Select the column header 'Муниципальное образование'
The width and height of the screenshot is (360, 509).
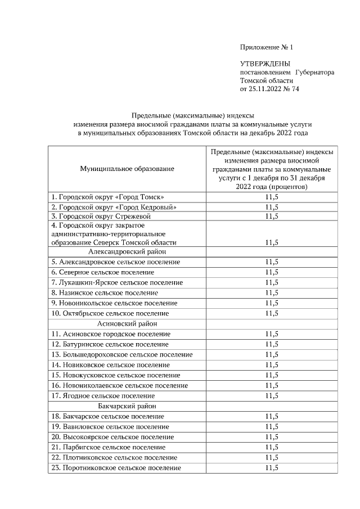[127, 168]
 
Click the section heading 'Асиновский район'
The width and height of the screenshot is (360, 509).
[127, 324]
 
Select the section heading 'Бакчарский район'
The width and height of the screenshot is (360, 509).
[127, 406]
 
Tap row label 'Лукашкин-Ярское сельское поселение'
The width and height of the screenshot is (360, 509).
[117, 282]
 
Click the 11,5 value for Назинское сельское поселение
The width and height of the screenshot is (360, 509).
[271, 293]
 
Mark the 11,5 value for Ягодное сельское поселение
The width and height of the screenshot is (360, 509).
[271, 396]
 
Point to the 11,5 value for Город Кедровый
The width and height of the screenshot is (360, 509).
[271, 206]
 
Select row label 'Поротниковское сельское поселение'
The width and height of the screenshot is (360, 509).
[116, 468]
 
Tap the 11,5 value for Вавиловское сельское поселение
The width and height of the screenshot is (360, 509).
[271, 427]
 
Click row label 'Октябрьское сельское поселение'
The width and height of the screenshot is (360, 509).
[110, 313]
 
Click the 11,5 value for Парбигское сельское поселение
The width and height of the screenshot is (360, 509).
[271, 447]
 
